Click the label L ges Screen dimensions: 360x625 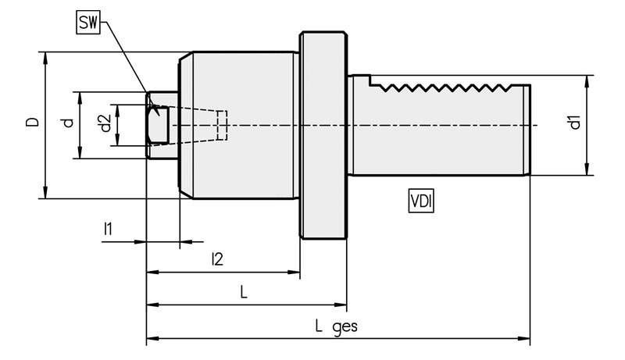[337, 326]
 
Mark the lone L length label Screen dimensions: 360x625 [244, 293]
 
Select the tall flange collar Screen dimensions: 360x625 [323, 137]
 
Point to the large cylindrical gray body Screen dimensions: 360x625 [242, 125]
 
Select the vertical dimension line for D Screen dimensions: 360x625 [45, 156]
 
